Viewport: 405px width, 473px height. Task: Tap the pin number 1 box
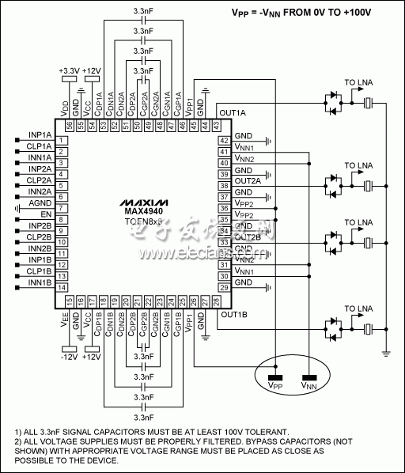[x=60, y=140]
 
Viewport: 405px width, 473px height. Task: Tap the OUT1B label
[x=234, y=315]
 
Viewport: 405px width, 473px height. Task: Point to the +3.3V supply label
[x=69, y=70]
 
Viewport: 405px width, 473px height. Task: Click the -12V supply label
[x=69, y=357]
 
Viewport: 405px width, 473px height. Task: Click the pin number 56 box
[x=69, y=124]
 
